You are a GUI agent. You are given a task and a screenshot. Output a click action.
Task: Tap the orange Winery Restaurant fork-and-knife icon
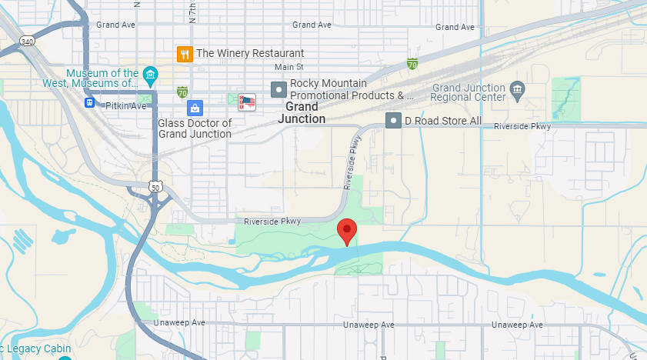pos(185,54)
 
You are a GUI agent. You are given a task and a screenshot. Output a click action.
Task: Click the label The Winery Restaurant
pos(250,54)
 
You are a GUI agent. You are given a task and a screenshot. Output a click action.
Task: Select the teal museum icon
pos(151,75)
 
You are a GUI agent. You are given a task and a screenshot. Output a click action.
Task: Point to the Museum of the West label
pos(102,78)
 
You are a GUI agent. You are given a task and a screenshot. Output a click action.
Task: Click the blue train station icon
pos(90,102)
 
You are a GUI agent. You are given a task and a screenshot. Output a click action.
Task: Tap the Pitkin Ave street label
pos(126,105)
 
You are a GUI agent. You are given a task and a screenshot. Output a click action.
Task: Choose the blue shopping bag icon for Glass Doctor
pos(195,108)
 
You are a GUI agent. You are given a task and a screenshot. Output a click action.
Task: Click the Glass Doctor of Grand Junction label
pos(195,128)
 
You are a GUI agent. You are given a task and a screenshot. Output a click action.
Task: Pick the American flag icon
pos(247,102)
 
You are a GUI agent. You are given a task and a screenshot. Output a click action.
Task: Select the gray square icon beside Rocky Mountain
pos(278,89)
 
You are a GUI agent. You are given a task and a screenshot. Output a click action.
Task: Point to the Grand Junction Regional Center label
pos(468,92)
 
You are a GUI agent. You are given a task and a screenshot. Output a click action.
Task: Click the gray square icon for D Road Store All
pos(394,121)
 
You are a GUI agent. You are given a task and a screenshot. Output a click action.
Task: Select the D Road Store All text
pos(443,121)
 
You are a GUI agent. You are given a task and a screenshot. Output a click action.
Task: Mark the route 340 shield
pos(28,41)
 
